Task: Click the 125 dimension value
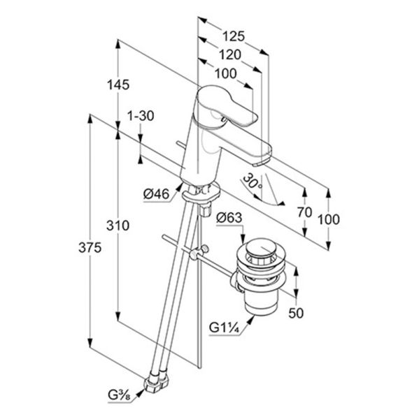[234, 36]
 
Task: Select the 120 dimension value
[230, 54]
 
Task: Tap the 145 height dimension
[118, 84]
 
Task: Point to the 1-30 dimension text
[141, 116]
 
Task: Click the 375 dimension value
[90, 248]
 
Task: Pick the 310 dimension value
[118, 226]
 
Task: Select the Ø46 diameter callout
[157, 194]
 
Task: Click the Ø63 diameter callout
[229, 218]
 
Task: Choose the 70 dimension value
[304, 213]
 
